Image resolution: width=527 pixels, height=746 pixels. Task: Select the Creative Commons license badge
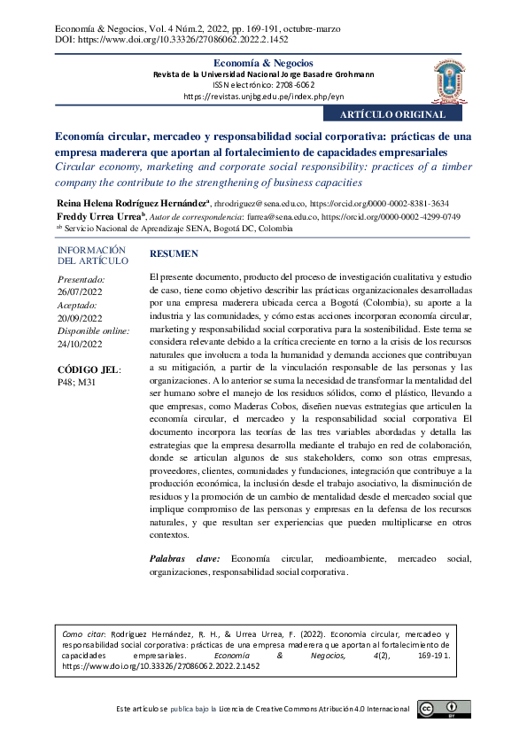point(439,710)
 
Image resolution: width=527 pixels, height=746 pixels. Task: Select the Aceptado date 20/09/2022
point(80,318)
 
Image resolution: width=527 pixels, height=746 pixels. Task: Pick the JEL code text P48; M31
point(76,384)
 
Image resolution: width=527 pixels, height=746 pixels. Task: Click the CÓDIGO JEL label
point(89,369)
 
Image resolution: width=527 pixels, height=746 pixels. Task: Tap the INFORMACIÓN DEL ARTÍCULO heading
point(91,256)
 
